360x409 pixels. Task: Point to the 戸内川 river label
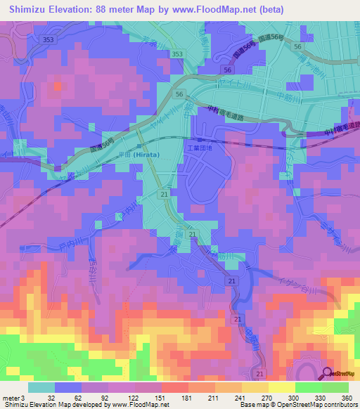(x=70, y=243)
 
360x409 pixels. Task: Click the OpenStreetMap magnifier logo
(x=328, y=372)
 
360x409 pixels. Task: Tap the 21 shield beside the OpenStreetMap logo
(x=261, y=373)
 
